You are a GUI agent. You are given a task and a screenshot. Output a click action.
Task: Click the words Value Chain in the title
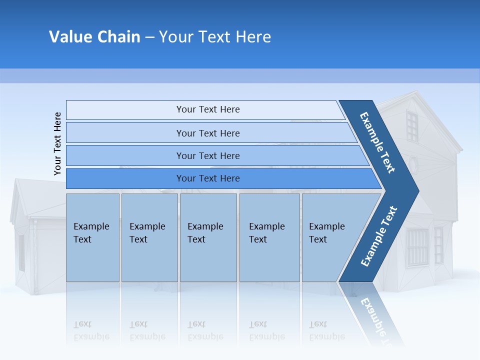[x=94, y=37]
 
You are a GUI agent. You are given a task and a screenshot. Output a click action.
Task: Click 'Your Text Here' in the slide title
[x=215, y=37]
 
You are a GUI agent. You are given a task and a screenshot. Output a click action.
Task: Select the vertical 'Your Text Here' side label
[x=57, y=143]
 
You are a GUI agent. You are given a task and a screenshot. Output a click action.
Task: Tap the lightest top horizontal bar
[x=207, y=109]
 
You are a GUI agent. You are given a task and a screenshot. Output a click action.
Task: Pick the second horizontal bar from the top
[x=207, y=133]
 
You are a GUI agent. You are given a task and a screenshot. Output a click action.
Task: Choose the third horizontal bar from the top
[x=207, y=155]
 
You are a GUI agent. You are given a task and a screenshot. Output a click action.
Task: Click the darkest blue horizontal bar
[x=207, y=178]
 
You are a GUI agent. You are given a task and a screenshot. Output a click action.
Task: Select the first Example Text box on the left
[x=92, y=237]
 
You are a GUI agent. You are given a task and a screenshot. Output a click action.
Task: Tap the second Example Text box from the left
[x=149, y=237]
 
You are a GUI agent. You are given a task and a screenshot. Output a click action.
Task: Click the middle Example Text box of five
[x=208, y=237]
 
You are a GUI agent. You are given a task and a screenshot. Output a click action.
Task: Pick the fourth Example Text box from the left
[x=269, y=237]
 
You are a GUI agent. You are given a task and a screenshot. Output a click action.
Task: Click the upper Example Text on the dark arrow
[x=377, y=142]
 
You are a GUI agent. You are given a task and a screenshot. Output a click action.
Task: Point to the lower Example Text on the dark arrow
[x=379, y=236]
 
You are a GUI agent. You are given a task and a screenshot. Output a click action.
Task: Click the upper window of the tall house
[x=411, y=126]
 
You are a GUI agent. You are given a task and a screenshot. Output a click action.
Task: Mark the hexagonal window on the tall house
[x=413, y=163]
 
